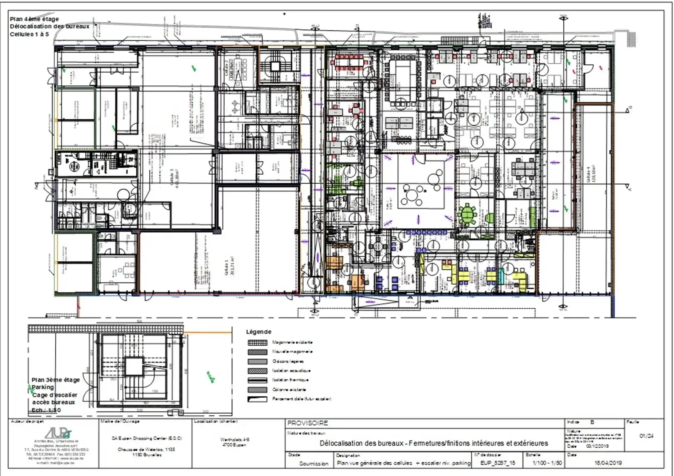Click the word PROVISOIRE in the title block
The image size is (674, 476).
pos(307,423)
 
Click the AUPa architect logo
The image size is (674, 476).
pos(58,433)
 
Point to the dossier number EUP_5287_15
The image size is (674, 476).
pos(498,463)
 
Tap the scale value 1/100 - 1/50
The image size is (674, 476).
pos(547,463)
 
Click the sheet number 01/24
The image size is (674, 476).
pos(646,436)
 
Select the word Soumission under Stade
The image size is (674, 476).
pos(314,463)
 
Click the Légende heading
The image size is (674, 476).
pos(258,332)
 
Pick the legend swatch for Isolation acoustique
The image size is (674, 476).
pos(258,371)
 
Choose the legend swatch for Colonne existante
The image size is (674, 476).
pos(258,390)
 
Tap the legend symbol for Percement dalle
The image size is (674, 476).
pos(258,399)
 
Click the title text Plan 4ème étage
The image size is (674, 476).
pos(34,19)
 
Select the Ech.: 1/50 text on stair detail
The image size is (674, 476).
pos(46,410)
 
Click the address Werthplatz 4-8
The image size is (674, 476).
pos(234,439)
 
